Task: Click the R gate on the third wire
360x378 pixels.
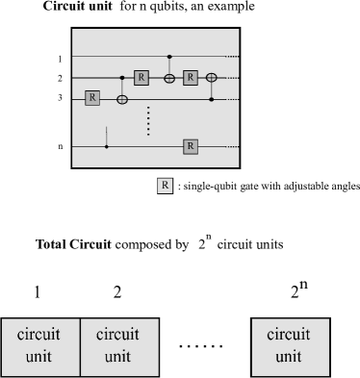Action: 92,98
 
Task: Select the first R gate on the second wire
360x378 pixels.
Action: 141,77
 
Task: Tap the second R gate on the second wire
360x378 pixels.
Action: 191,77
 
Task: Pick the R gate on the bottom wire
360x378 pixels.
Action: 191,146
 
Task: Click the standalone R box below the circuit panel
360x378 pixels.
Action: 165,186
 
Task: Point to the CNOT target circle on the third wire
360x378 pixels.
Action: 122,98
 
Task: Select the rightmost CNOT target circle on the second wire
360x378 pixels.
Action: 212,77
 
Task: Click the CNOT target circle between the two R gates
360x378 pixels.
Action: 169,77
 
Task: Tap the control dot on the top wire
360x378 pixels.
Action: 169,57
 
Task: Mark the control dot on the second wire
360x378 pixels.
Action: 122,77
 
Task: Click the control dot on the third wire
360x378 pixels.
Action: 212,98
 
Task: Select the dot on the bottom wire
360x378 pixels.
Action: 106,146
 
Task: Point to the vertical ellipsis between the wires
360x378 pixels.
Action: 148,121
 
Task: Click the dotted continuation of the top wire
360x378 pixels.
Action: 232,57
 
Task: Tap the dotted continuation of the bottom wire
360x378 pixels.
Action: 232,146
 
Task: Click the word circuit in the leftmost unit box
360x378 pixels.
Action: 39,335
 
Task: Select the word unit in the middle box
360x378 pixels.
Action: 117,356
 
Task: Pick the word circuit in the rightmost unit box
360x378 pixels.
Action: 289,335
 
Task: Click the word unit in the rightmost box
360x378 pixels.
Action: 289,356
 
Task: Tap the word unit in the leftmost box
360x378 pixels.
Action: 39,356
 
